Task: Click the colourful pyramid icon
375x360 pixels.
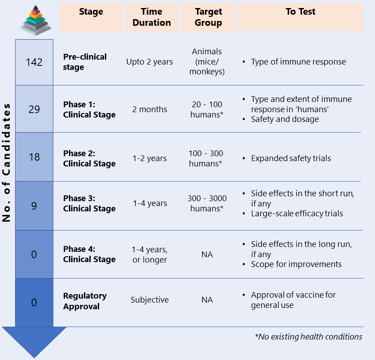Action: pyautogui.click(x=36, y=20)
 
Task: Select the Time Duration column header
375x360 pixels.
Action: pyautogui.click(x=152, y=17)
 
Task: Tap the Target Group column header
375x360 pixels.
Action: pyautogui.click(x=208, y=17)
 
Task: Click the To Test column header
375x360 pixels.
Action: pyautogui.click(x=300, y=12)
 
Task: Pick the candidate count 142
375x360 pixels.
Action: pyautogui.click(x=34, y=62)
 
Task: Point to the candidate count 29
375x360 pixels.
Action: pyautogui.click(x=34, y=109)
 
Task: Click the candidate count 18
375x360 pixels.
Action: pyautogui.click(x=34, y=157)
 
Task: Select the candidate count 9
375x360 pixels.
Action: pyautogui.click(x=34, y=206)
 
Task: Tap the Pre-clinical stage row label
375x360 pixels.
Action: pyautogui.click(x=85, y=62)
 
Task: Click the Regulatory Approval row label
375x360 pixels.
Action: pyautogui.click(x=85, y=301)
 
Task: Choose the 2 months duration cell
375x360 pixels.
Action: pyautogui.click(x=150, y=109)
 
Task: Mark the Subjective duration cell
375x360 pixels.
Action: pyautogui.click(x=150, y=299)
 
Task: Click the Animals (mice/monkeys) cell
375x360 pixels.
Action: pyautogui.click(x=207, y=61)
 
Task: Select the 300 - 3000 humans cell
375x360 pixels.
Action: pyautogui.click(x=207, y=203)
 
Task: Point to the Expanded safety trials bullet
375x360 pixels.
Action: pyautogui.click(x=291, y=158)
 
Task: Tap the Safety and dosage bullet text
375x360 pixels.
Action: pyautogui.click(x=285, y=119)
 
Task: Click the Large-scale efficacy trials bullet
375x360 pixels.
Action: pyautogui.click(x=297, y=214)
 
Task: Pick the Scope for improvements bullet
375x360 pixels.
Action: pyautogui.click(x=296, y=264)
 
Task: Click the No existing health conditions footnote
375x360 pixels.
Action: pyautogui.click(x=308, y=337)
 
